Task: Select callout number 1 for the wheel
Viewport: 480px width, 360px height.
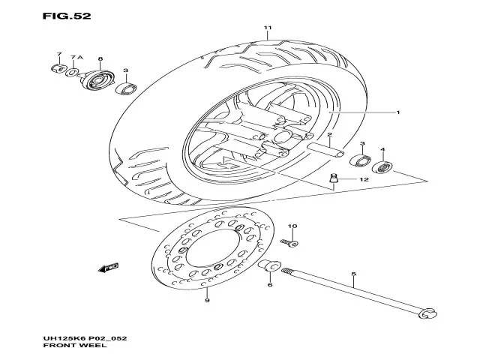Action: (x=397, y=112)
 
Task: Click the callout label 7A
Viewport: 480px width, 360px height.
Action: (x=75, y=56)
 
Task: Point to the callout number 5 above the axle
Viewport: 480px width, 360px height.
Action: (x=353, y=274)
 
